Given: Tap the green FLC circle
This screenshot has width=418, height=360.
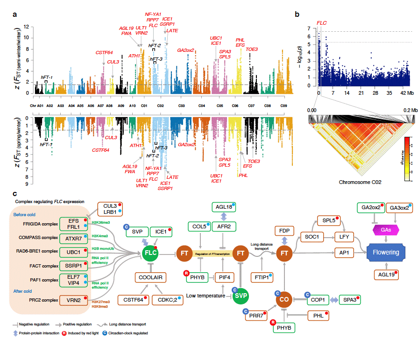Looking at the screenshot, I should [x=150, y=253].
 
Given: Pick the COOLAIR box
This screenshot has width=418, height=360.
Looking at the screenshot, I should [x=150, y=277].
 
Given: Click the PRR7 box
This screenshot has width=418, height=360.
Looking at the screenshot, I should [x=255, y=316].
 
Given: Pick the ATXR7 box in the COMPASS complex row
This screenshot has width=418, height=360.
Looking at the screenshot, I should [x=74, y=239].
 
